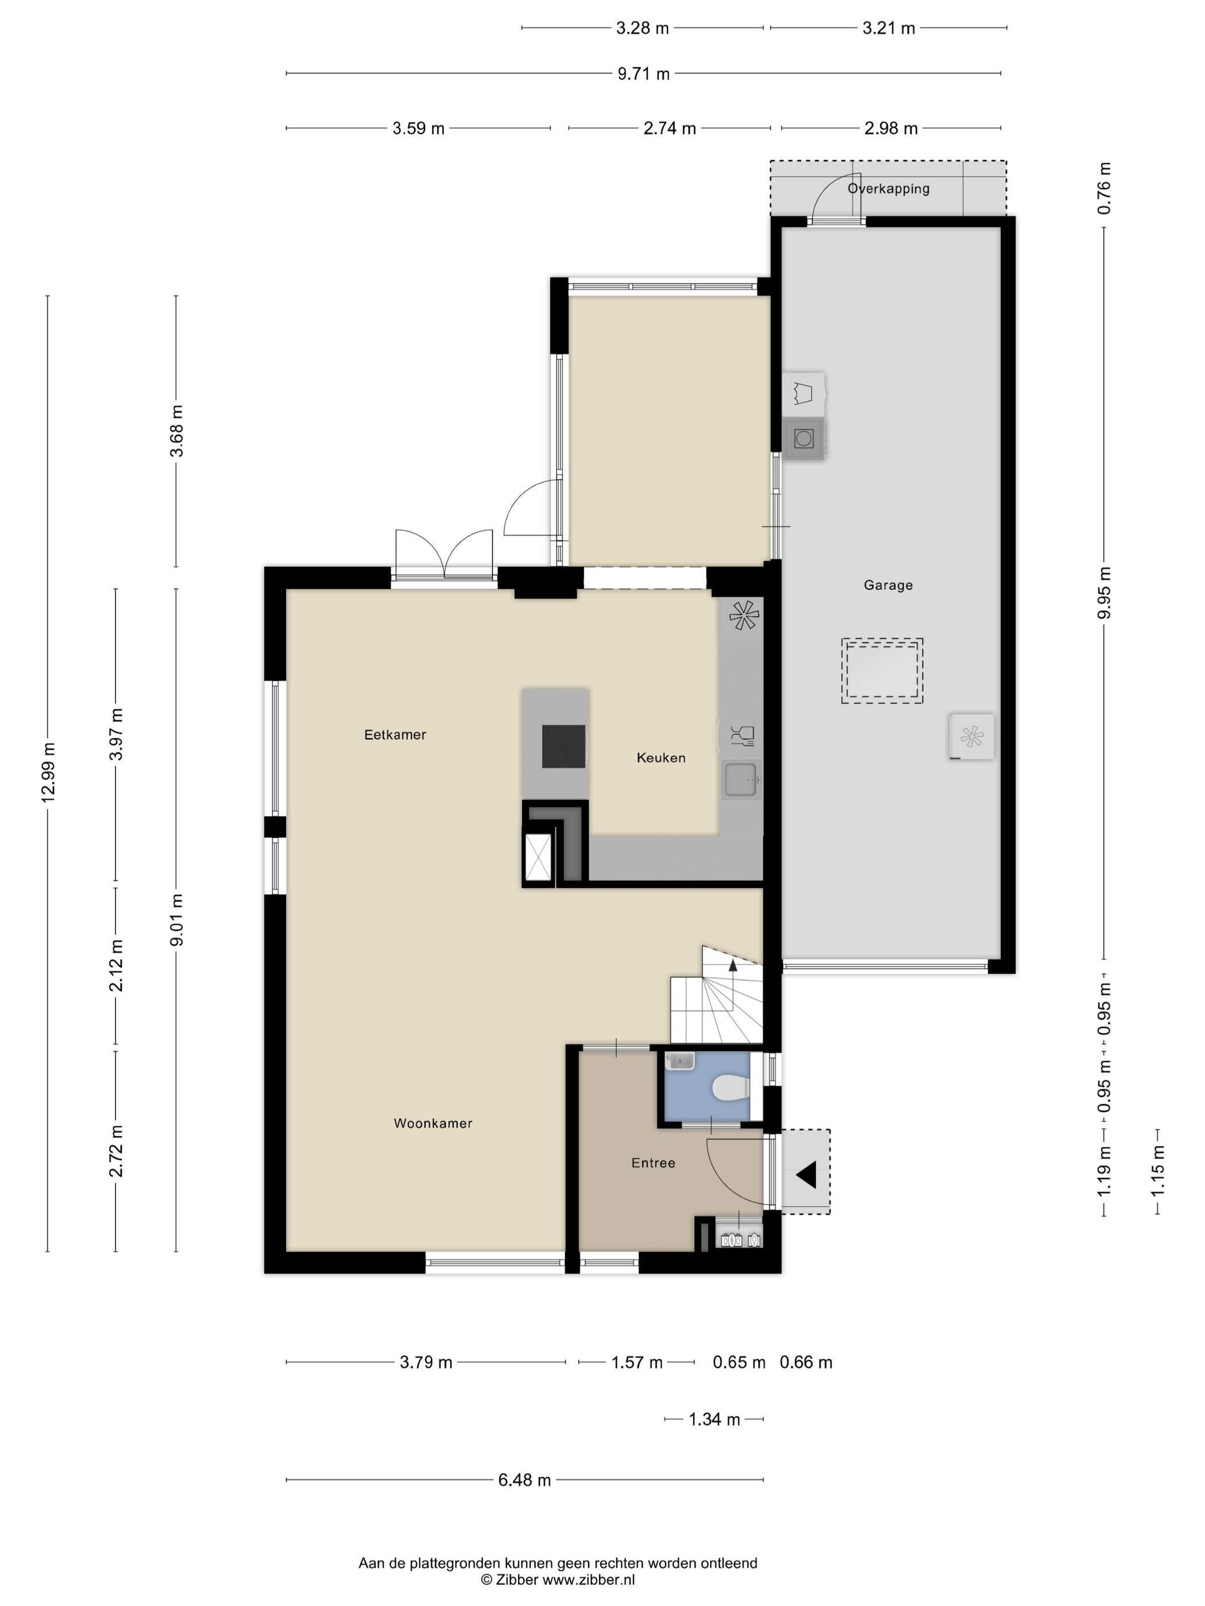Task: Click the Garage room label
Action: click(x=888, y=584)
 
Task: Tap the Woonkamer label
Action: click(x=433, y=1123)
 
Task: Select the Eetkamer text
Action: click(x=395, y=735)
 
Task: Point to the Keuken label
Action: click(x=661, y=758)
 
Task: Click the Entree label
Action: click(x=653, y=1163)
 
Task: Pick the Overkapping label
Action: click(x=888, y=189)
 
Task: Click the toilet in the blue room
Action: click(x=730, y=1088)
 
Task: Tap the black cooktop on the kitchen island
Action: click(x=565, y=746)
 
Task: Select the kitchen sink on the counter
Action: click(x=741, y=779)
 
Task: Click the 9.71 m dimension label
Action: click(x=644, y=73)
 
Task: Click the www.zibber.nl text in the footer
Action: click(x=589, y=1580)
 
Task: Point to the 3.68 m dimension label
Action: click(x=177, y=431)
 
